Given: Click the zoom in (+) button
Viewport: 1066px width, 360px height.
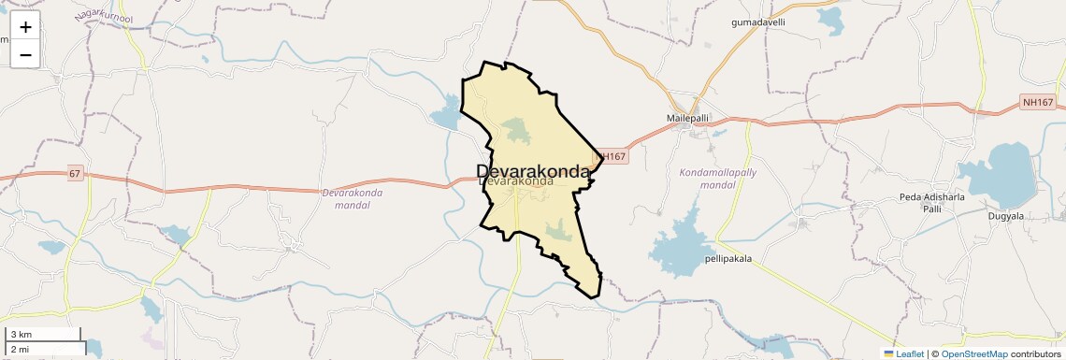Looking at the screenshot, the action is pyautogui.click(x=25, y=26).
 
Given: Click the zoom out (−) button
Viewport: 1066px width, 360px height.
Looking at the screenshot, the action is pyautogui.click(x=25, y=54).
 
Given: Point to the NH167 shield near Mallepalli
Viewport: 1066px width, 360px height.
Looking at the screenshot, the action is pyautogui.click(x=610, y=157).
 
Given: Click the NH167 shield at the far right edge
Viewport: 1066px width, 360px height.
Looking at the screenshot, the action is pyautogui.click(x=1037, y=102).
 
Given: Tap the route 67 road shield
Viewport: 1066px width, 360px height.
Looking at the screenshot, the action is pyautogui.click(x=75, y=174).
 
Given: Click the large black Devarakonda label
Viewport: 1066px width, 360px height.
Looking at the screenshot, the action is pyautogui.click(x=533, y=171).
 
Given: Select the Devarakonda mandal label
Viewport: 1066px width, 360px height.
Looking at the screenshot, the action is pyautogui.click(x=352, y=198).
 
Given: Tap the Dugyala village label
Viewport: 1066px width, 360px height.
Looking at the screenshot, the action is pyautogui.click(x=1006, y=216).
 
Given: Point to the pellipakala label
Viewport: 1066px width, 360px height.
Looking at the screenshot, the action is pyautogui.click(x=728, y=258).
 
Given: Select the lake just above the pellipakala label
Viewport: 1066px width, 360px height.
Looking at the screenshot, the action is pyautogui.click(x=683, y=245).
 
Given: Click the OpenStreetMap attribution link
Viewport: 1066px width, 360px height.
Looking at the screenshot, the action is pyautogui.click(x=973, y=353).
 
